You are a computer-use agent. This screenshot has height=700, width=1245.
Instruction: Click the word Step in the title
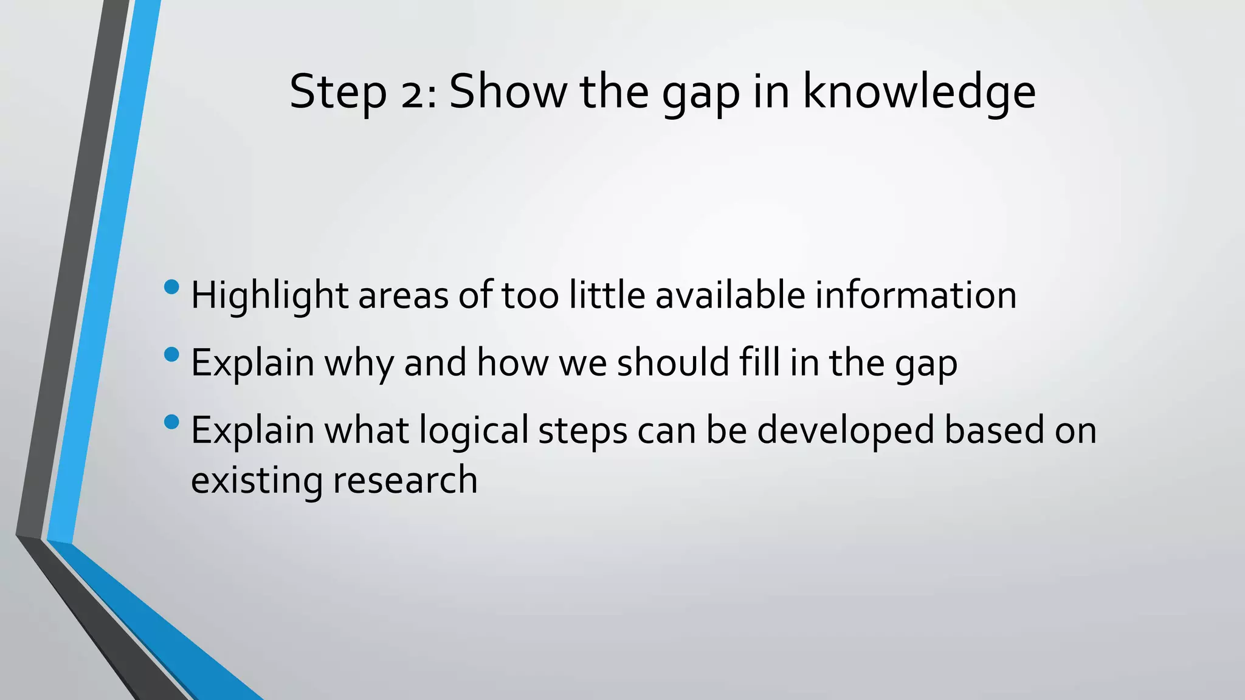click(338, 92)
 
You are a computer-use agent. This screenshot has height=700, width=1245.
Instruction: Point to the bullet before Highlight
click(172, 286)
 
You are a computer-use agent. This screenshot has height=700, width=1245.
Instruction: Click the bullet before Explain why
click(172, 354)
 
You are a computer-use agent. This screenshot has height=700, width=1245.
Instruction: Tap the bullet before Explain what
click(172, 421)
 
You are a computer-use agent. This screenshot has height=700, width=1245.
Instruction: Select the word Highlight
click(270, 297)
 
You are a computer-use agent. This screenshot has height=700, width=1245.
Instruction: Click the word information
click(916, 295)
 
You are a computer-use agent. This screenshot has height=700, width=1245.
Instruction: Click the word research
click(405, 481)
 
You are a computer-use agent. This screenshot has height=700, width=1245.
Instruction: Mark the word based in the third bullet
click(994, 430)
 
